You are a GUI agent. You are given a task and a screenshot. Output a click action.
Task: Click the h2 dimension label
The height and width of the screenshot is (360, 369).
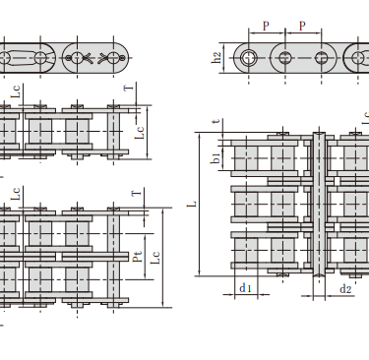(x=216, y=58)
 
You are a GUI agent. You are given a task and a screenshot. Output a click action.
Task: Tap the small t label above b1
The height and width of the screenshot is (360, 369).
(x=215, y=121)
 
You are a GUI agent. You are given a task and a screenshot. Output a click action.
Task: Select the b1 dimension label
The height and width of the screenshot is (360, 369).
(x=215, y=158)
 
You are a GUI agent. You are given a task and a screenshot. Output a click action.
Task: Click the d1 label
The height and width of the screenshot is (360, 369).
(x=245, y=288)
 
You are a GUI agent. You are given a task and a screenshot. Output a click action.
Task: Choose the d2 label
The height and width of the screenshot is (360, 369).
(x=345, y=289)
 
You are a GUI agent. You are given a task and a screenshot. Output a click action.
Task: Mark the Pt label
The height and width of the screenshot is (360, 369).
(x=138, y=257)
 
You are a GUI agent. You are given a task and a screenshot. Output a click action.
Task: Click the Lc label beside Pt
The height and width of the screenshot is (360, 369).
(x=154, y=258)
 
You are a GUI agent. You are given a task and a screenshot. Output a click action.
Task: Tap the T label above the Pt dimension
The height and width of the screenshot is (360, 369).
(x=137, y=193)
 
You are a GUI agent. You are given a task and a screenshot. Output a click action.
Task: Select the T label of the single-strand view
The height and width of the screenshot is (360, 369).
(x=129, y=88)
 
